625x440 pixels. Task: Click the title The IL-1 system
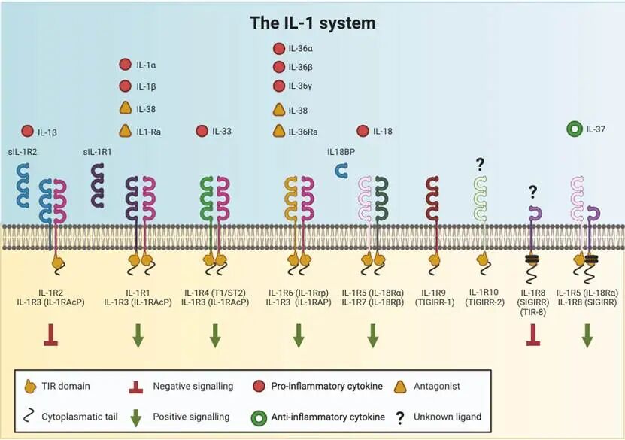(x=313, y=23)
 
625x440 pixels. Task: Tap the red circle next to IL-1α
(x=126, y=65)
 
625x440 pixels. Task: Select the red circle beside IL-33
(x=202, y=132)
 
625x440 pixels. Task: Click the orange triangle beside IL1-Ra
(x=126, y=131)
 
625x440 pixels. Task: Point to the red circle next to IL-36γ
(x=278, y=86)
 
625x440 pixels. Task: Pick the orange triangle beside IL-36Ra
(x=278, y=131)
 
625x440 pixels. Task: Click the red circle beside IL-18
(x=363, y=132)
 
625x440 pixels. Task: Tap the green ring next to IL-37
(x=575, y=129)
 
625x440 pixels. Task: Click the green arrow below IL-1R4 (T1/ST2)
(x=215, y=335)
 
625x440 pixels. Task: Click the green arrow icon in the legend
(x=138, y=417)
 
